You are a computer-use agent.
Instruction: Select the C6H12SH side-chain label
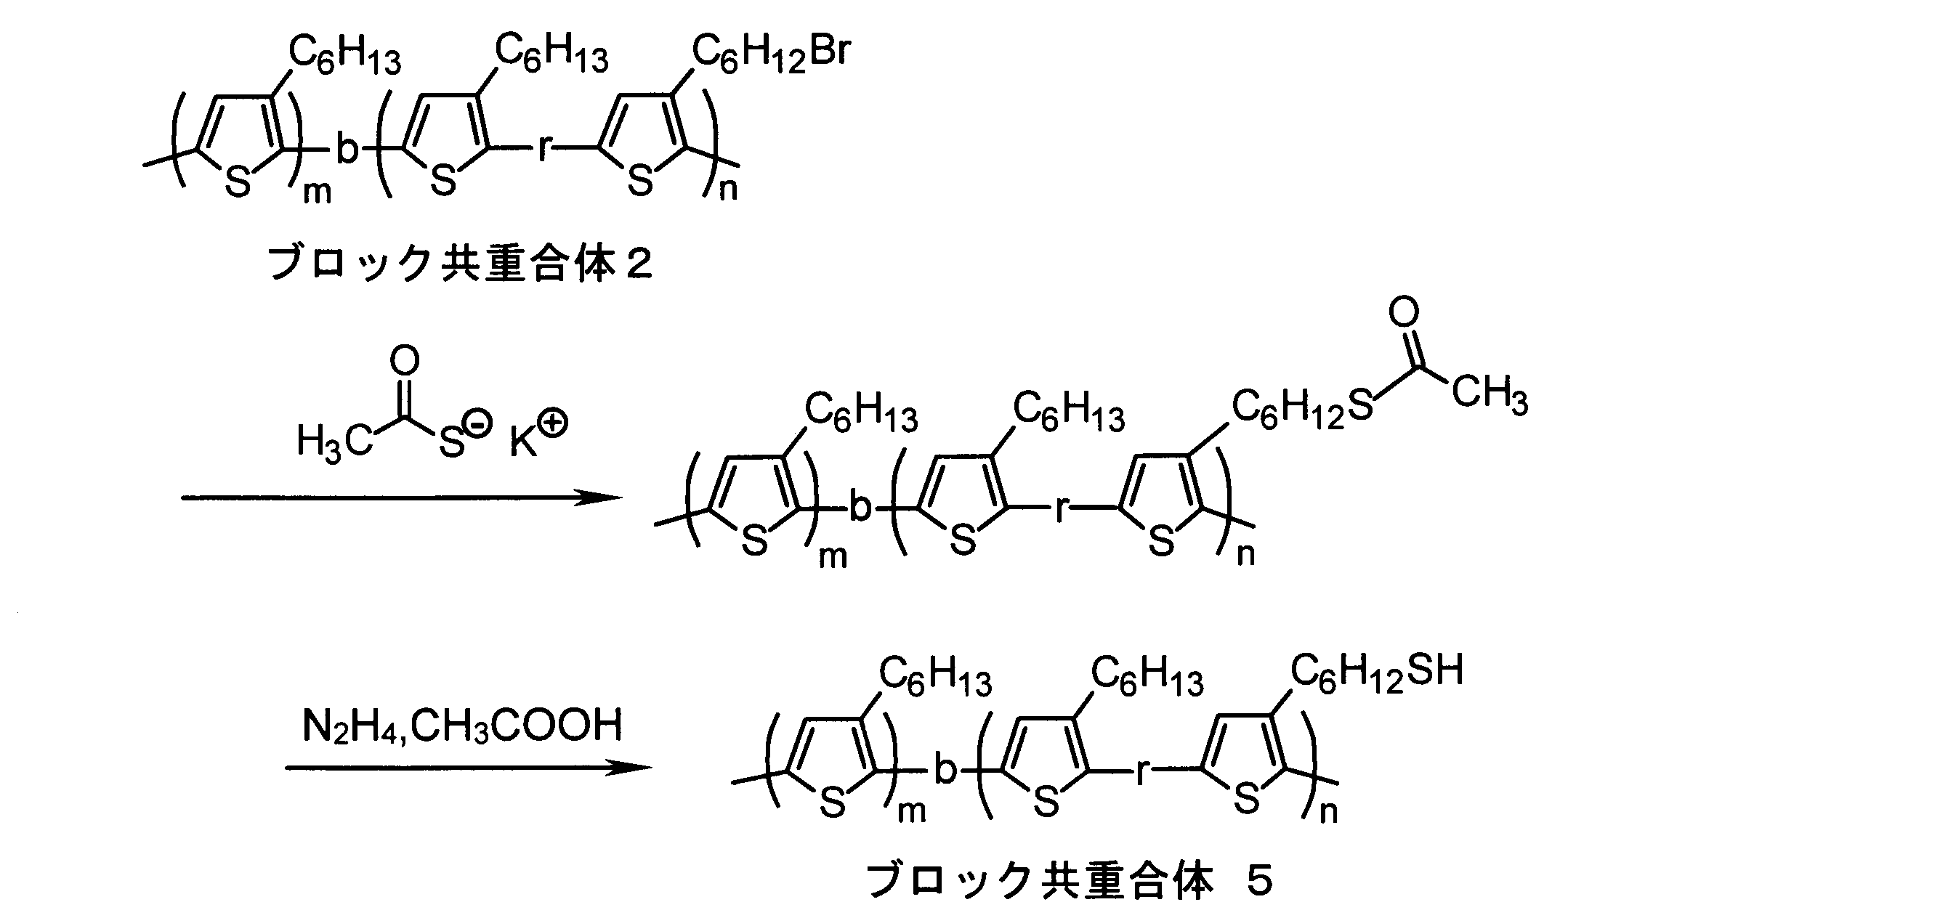point(1377,673)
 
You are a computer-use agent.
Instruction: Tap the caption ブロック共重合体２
point(461,264)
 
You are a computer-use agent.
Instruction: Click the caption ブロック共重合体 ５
point(1070,880)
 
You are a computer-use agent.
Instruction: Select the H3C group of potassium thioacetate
point(334,442)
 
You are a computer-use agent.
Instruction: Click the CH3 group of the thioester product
point(1490,394)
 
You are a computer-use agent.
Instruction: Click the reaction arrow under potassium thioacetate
point(401,497)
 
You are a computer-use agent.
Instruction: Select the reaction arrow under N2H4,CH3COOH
point(468,768)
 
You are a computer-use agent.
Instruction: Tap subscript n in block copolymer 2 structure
point(728,189)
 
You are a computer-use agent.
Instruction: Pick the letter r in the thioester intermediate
point(1062,510)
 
